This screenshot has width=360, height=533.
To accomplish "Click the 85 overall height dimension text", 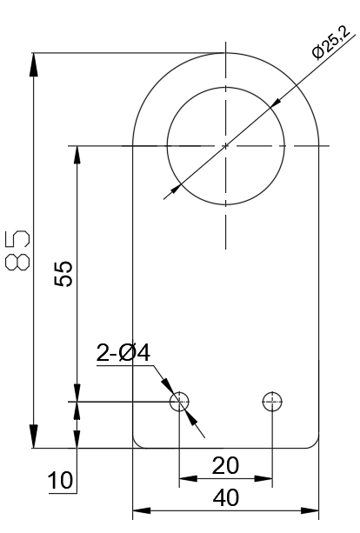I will point(17,251).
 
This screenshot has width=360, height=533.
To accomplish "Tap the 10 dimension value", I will point(60,481).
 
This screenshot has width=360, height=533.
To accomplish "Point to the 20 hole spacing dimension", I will point(225,465).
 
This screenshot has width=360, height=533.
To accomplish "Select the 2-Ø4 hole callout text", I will point(124,353).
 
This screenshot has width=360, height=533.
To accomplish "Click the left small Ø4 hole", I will point(179,401).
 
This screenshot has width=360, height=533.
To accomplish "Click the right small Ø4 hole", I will point(273,401).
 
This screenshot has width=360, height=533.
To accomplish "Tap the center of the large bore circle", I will point(225,145).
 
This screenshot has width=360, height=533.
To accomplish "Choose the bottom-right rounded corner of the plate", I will point(315,443).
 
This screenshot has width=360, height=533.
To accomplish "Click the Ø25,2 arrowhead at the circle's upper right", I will point(275,103).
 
